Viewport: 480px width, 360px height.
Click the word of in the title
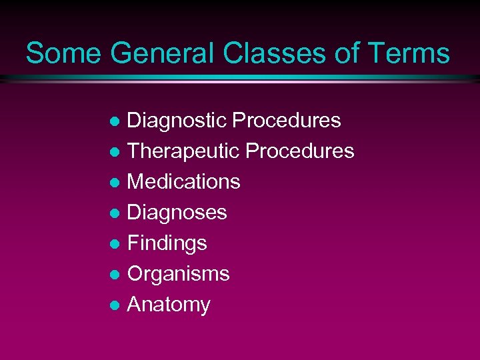point(347,53)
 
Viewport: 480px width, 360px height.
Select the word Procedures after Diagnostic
point(287,121)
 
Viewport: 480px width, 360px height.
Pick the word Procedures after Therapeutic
point(300,151)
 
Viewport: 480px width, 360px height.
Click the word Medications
point(183,182)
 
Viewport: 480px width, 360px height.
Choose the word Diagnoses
point(177,213)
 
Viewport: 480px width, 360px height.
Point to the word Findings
point(167,243)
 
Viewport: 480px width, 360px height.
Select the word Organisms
point(178,274)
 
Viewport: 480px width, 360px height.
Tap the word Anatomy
point(169,305)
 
